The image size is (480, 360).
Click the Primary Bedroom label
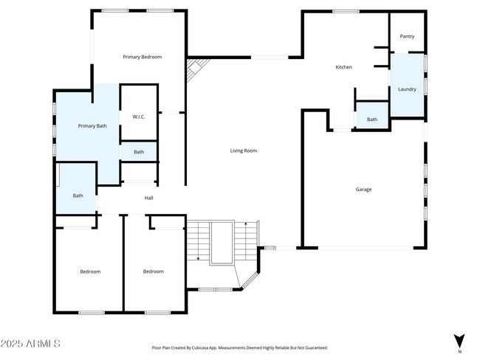tap(142, 57)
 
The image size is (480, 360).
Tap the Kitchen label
tap(343, 67)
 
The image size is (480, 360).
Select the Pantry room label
tap(407, 37)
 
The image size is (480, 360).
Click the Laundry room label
tap(407, 89)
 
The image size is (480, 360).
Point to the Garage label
tap(363, 190)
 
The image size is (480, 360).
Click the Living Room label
tap(243, 150)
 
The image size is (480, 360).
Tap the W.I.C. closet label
tap(138, 117)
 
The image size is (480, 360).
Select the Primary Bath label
tap(92, 126)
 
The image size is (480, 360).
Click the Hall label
tap(148, 198)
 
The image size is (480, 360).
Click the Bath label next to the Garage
tap(372, 120)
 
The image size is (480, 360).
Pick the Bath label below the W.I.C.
tap(139, 152)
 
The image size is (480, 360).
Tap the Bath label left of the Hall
tap(78, 195)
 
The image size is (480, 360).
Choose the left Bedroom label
tap(90, 271)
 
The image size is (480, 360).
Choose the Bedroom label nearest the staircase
tap(153, 271)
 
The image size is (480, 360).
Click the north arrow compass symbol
tap(459, 341)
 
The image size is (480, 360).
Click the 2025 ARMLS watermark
tap(30, 344)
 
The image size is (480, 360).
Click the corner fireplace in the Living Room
tap(193, 71)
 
